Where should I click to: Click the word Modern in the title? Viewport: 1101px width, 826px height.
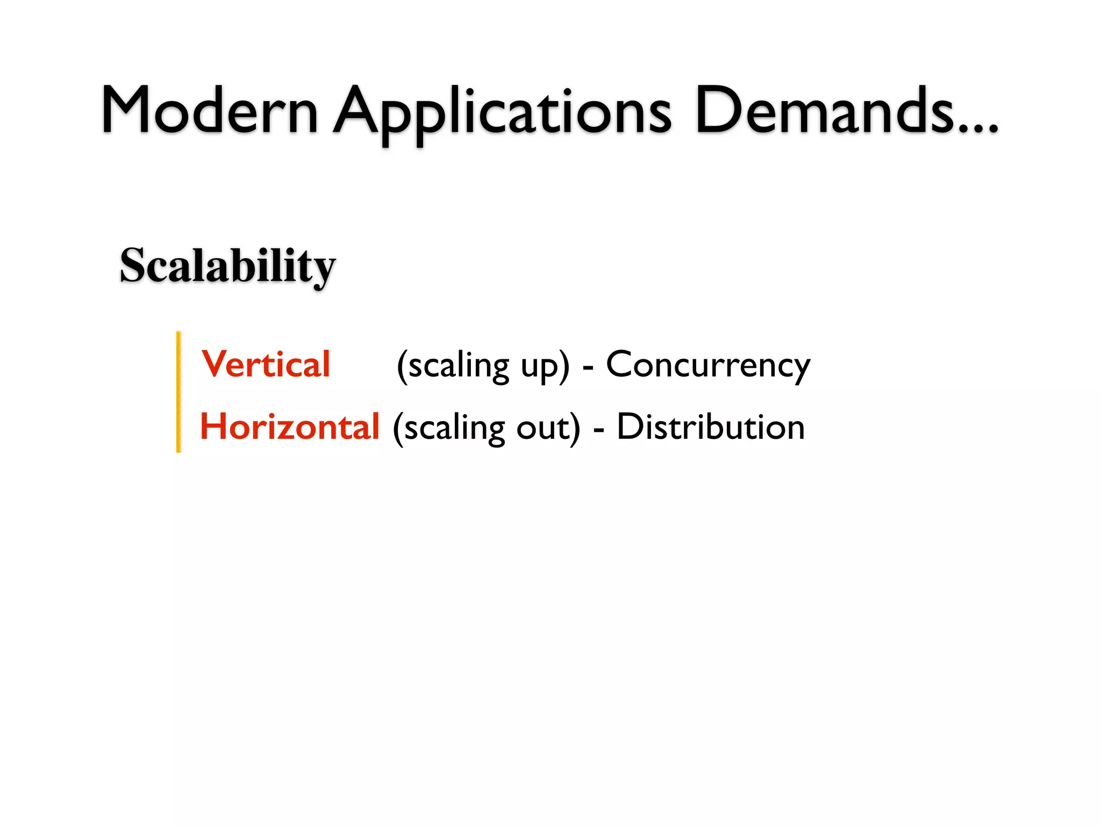click(x=210, y=110)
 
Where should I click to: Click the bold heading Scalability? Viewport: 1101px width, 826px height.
click(x=227, y=266)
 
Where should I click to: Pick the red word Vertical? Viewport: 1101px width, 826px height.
click(x=266, y=365)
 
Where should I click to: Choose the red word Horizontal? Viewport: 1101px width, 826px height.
click(x=290, y=427)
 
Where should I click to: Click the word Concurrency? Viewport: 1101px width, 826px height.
click(x=708, y=366)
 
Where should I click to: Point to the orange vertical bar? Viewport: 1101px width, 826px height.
click(x=178, y=391)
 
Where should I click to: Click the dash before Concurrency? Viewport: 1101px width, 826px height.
click(x=588, y=369)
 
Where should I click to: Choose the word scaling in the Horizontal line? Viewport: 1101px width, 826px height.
click(x=454, y=429)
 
